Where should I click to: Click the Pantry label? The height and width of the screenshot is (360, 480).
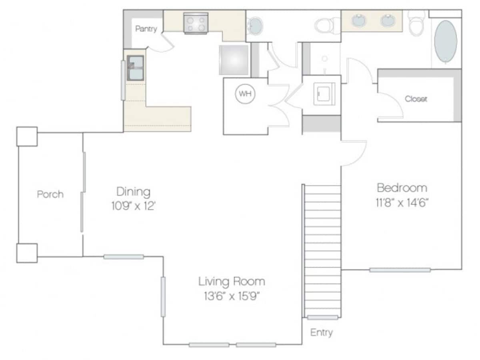(x=146, y=29)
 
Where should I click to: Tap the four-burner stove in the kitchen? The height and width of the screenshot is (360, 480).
(x=196, y=23)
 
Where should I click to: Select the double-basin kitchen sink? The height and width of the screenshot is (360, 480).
(x=135, y=68)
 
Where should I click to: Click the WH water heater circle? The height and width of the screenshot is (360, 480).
(x=245, y=94)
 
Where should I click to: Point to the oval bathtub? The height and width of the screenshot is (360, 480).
(x=446, y=41)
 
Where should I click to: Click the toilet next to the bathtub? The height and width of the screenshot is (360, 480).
(x=416, y=24)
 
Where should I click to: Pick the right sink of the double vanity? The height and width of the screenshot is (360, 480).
(x=388, y=20)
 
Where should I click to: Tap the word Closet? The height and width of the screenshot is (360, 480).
(x=416, y=99)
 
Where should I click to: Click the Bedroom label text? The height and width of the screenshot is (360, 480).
(x=402, y=188)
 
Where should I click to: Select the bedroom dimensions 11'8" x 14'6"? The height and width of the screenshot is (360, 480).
(x=402, y=202)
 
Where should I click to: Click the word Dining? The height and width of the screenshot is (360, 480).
(x=133, y=192)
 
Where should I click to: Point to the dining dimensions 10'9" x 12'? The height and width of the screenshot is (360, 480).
(x=133, y=206)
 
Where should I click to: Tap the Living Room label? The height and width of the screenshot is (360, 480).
(x=232, y=282)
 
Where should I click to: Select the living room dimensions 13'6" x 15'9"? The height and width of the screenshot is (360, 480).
(x=232, y=296)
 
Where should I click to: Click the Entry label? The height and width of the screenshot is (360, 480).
(x=322, y=332)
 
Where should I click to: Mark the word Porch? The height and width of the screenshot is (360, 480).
(x=50, y=194)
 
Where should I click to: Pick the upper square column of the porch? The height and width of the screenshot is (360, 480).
(x=27, y=136)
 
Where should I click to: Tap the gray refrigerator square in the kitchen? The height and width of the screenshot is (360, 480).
(x=234, y=60)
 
